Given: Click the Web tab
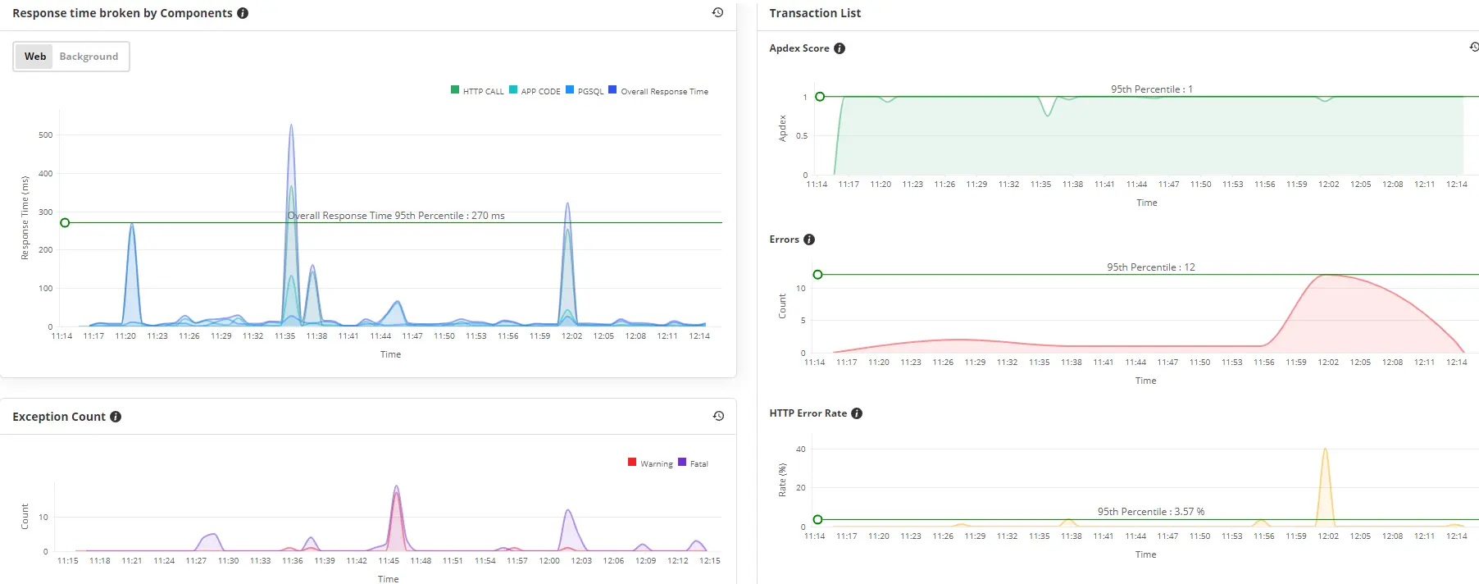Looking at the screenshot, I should [35, 57].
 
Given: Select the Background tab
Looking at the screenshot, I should [89, 57].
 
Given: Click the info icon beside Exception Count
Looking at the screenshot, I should [116, 417].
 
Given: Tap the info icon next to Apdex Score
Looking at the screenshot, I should [840, 48].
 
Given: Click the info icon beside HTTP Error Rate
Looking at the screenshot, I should [857, 413].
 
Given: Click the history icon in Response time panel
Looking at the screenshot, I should [717, 12].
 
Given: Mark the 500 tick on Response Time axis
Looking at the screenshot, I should [46, 135].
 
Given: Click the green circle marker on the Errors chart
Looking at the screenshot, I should [817, 275].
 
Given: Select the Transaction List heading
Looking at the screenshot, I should [815, 13].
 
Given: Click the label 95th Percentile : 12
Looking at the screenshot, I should [1151, 267].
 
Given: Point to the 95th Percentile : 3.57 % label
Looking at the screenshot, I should [1151, 512].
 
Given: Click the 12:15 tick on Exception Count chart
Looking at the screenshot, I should [710, 561].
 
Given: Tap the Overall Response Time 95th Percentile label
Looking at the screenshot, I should [396, 216].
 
